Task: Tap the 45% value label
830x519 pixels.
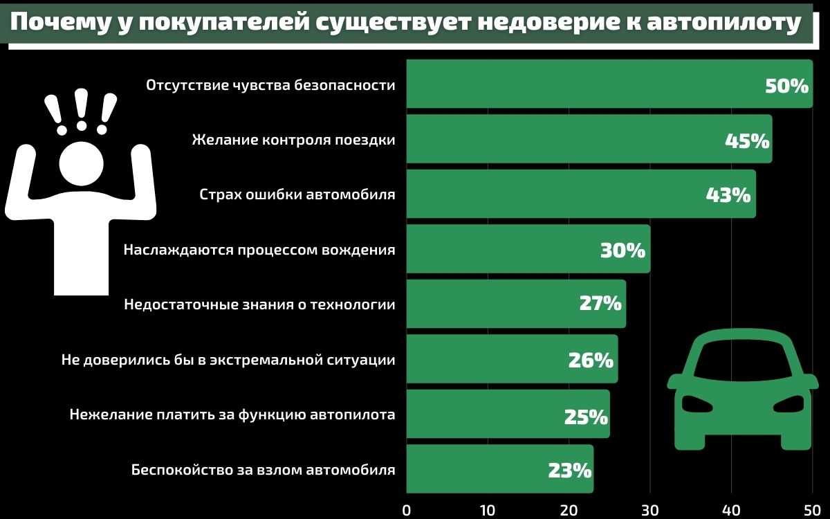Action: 747,140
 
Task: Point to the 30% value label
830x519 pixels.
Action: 622,250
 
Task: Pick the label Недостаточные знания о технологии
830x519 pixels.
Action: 259,304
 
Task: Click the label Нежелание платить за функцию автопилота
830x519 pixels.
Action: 232,415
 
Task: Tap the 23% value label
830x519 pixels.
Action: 569,471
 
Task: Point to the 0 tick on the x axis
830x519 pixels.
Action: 406,510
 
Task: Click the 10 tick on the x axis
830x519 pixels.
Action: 488,510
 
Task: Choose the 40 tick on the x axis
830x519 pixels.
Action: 731,510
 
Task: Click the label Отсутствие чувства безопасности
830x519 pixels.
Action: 270,85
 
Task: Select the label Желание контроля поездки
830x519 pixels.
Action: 293,140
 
